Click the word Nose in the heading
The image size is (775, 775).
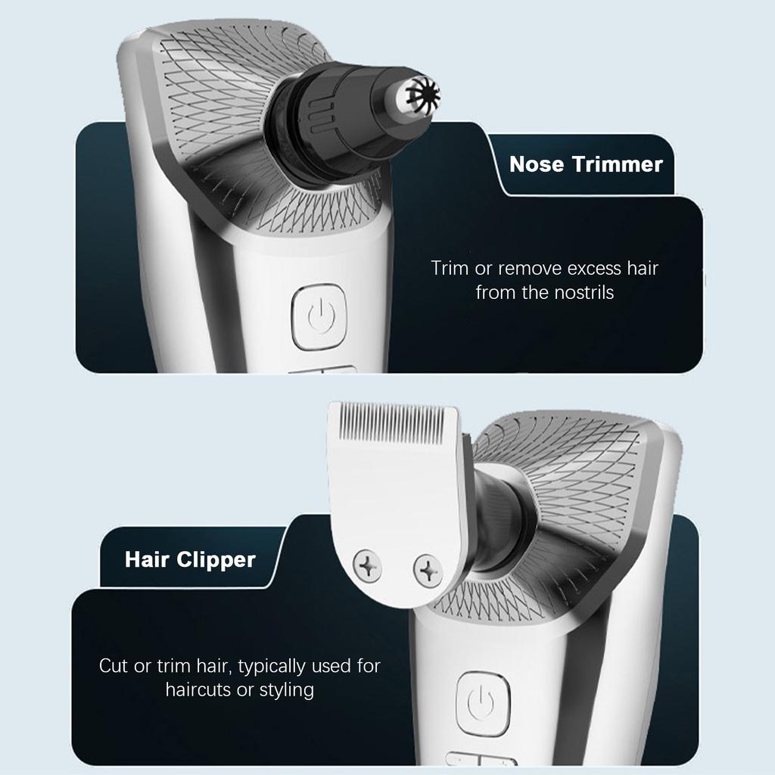point(534,164)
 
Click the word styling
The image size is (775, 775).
point(286,690)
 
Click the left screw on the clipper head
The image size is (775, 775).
point(367,567)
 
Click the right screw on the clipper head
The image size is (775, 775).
point(428,570)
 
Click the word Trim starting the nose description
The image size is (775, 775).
point(448,268)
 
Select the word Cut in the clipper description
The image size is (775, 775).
point(114,667)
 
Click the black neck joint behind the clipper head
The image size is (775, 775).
point(496,522)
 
